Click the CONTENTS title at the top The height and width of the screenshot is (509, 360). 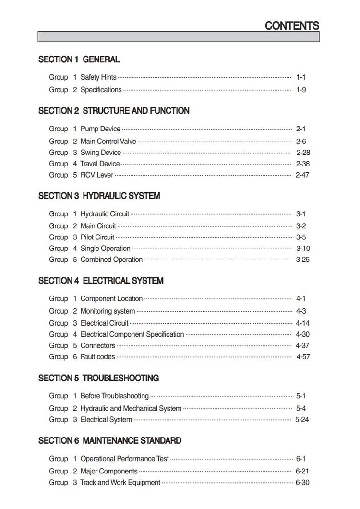coord(292,26)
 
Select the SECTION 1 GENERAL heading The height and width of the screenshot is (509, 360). coord(79,59)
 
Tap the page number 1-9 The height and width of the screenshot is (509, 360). coord(301,90)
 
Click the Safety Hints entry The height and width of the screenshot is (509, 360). coord(98,77)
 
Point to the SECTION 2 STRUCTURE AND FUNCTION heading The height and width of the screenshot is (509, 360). coord(114,111)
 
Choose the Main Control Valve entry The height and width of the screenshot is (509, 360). coord(108,141)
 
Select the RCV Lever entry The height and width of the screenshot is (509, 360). coord(97,175)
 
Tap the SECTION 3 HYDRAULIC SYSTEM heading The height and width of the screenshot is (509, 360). coord(99,196)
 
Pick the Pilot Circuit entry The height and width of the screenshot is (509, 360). coord(97,237)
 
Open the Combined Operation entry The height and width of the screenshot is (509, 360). coord(111,260)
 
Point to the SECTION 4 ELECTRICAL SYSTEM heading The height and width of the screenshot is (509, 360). coord(101,281)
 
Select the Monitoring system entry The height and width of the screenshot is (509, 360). coord(108,311)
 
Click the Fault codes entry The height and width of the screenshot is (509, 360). coord(97,357)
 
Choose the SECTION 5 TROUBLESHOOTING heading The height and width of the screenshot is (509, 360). coord(98,378)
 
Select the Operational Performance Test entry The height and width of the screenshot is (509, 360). coord(125,459)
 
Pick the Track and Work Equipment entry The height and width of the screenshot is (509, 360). coord(120,483)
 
